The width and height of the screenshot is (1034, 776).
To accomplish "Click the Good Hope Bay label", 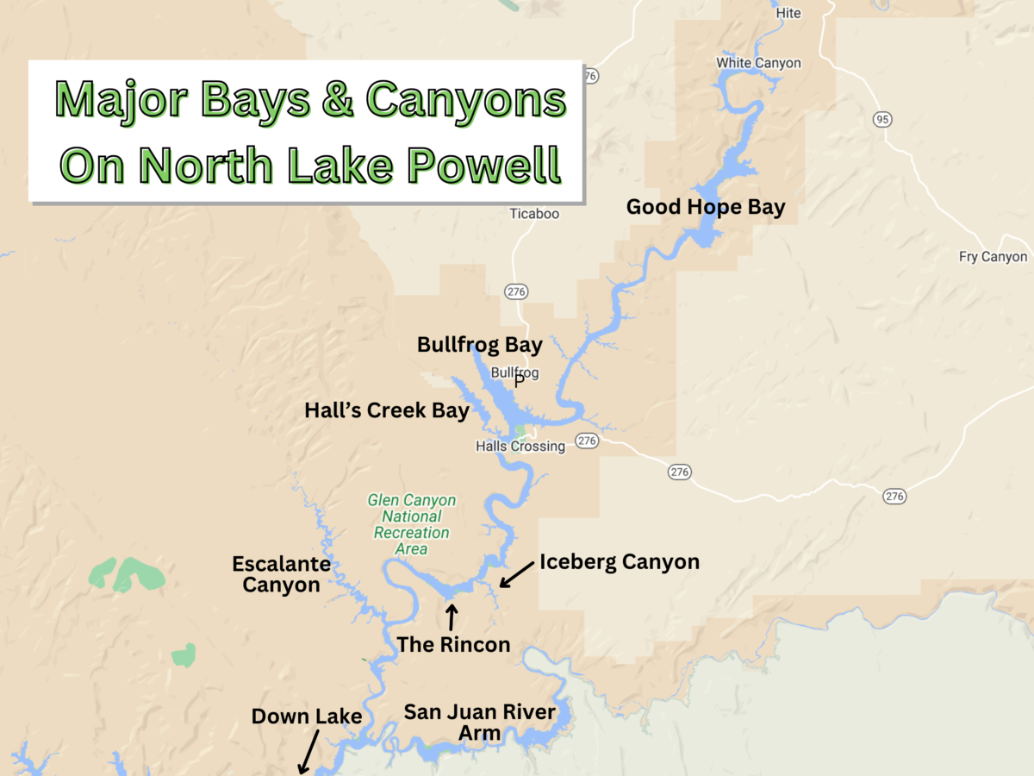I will pyautogui.click(x=706, y=207).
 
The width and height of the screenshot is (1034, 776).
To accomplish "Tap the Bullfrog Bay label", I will pyautogui.click(x=479, y=345).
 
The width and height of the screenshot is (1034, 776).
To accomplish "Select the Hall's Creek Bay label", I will pyautogui.click(x=387, y=410).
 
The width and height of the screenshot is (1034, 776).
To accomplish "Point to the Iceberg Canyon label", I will pyautogui.click(x=620, y=562).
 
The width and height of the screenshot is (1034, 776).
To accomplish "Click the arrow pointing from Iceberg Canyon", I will pyautogui.click(x=516, y=576).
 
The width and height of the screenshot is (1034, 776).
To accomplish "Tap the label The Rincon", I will pyautogui.click(x=453, y=644).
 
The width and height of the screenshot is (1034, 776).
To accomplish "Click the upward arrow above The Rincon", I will pyautogui.click(x=451, y=616).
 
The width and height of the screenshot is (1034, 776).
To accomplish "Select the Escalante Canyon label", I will pyautogui.click(x=281, y=574).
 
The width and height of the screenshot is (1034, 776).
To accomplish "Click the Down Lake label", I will pyautogui.click(x=306, y=717).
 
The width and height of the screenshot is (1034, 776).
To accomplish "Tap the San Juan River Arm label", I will pyautogui.click(x=480, y=723).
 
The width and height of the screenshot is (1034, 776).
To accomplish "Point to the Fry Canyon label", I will pyautogui.click(x=993, y=257).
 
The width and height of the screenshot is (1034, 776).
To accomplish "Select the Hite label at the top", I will pyautogui.click(x=788, y=13).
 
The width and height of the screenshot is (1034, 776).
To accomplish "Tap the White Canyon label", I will pyautogui.click(x=758, y=63).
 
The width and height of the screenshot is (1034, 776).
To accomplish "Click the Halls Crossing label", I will pyautogui.click(x=520, y=447).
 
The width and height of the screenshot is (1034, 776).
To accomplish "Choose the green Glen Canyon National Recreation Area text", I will pyautogui.click(x=411, y=524).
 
